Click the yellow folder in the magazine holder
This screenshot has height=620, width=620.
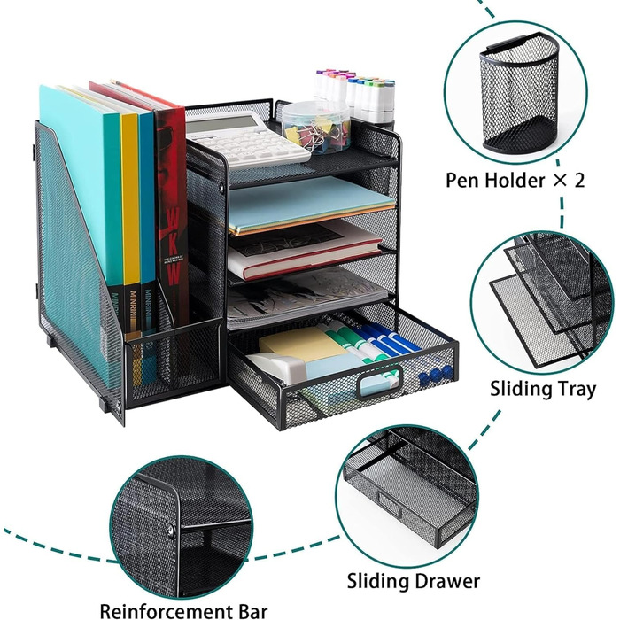[x=130, y=213]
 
